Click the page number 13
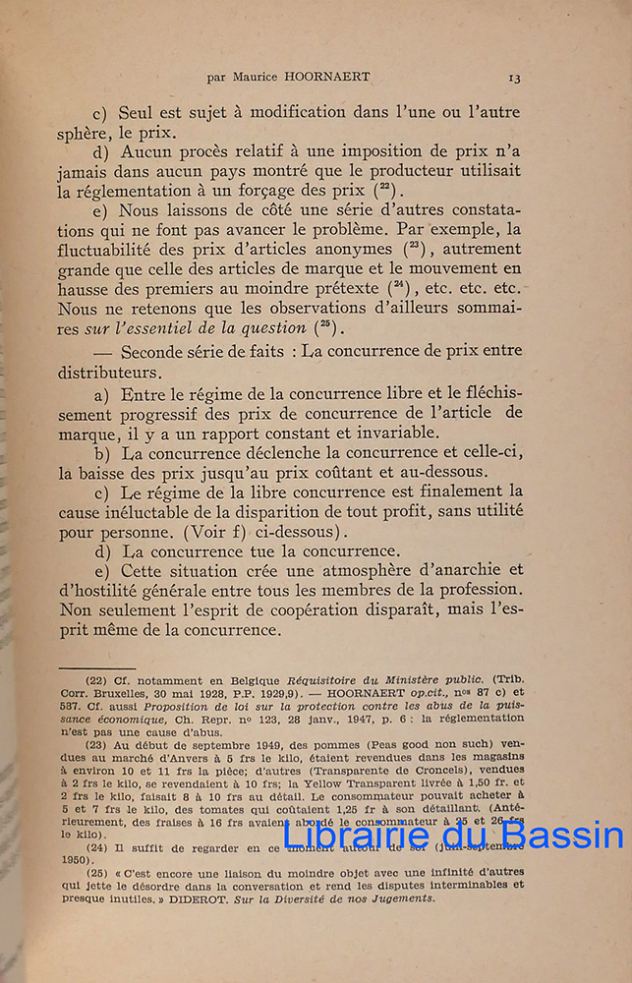[515, 79]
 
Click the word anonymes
[336, 251]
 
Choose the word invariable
[379, 433]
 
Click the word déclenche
[289, 453]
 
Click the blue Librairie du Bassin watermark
[453, 836]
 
